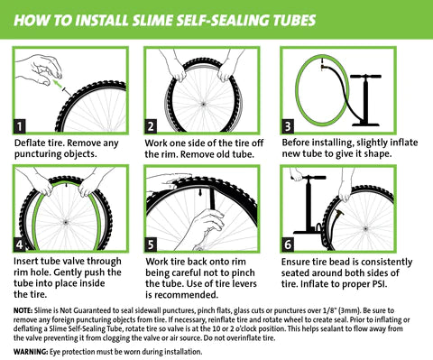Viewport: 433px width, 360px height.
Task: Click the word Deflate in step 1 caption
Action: pyautogui.click(x=31, y=143)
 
